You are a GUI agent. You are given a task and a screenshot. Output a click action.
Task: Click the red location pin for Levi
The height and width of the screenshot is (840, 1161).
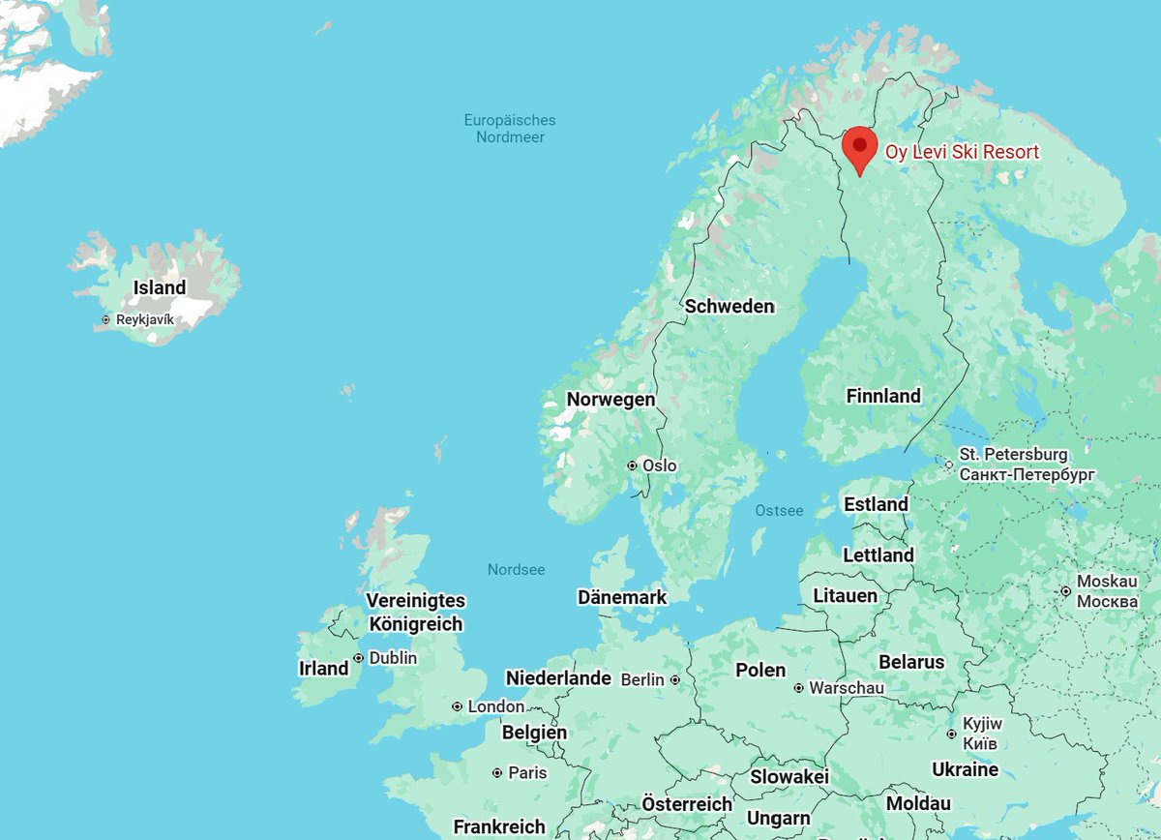pyautogui.click(x=858, y=148)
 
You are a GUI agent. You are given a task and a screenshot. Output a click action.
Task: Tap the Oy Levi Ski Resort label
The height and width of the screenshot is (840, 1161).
pyautogui.click(x=962, y=152)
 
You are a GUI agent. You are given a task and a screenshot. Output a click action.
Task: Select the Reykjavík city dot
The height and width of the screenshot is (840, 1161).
pyautogui.click(x=105, y=319)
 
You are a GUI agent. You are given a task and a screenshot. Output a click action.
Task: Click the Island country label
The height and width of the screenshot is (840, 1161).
pyautogui.click(x=160, y=287)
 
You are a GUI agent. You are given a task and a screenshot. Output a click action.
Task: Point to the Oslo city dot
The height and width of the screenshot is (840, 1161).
pyautogui.click(x=632, y=465)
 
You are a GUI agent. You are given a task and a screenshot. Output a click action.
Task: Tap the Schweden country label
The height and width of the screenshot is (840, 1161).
pyautogui.click(x=729, y=306)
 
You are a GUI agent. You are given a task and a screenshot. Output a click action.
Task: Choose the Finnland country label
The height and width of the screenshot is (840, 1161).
pyautogui.click(x=883, y=396)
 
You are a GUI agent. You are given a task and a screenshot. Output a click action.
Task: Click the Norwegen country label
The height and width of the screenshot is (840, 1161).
pyautogui.click(x=610, y=399)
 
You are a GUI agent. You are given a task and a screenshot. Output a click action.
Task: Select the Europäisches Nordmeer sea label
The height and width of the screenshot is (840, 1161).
pyautogui.click(x=510, y=129)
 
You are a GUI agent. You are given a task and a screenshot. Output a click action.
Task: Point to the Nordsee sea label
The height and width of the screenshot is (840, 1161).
pyautogui.click(x=516, y=569)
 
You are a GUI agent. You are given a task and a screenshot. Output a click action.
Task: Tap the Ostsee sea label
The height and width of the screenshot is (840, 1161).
pyautogui.click(x=779, y=510)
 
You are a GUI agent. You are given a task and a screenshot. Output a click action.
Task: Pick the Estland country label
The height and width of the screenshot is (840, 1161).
pyautogui.click(x=876, y=504)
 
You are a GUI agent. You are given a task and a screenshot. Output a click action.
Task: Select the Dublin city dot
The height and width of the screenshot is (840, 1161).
pyautogui.click(x=359, y=658)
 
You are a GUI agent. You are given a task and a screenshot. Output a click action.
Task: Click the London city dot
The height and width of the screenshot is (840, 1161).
pyautogui.click(x=457, y=706)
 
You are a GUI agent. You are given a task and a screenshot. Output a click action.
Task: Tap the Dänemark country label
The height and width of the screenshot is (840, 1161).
pyautogui.click(x=621, y=597)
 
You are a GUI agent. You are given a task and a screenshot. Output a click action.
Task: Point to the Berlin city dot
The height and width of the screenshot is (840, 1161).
pyautogui.click(x=674, y=679)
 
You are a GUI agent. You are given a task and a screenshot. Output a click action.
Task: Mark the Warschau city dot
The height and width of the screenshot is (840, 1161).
pyautogui.click(x=798, y=688)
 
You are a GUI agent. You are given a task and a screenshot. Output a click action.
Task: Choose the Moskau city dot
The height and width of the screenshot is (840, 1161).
pyautogui.click(x=1065, y=590)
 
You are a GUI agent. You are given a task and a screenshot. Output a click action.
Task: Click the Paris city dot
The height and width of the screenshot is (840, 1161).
pyautogui.click(x=497, y=773)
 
